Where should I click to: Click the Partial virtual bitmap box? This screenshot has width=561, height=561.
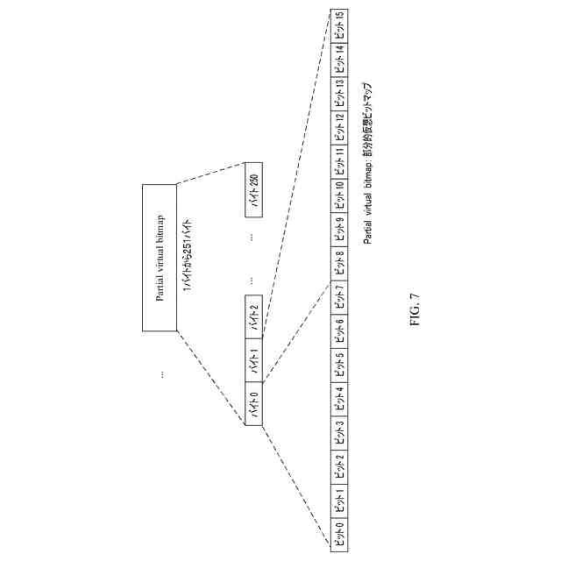[159, 258]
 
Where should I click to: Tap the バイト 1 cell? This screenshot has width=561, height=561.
[254, 360]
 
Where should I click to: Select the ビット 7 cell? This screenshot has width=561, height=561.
[339, 296]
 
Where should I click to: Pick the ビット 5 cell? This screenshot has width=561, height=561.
[339, 362]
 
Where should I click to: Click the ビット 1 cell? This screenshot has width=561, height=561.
[339, 497]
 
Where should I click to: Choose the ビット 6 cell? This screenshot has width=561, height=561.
[339, 329]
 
